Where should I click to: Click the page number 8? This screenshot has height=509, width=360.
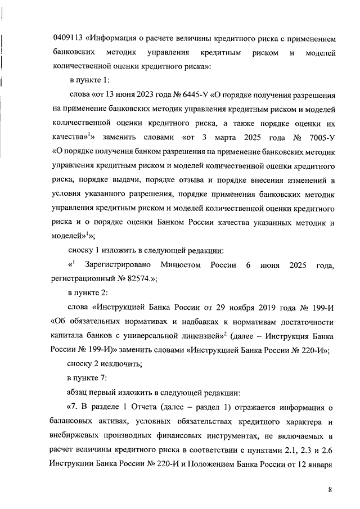(x=330, y=490)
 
